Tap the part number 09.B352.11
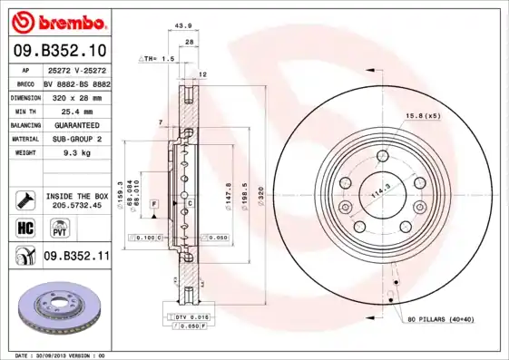(x=76, y=257)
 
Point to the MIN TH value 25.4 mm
(x=76, y=112)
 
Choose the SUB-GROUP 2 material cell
(x=76, y=139)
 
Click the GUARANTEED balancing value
(x=76, y=125)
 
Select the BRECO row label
(x=25, y=83)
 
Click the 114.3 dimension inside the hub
(x=374, y=191)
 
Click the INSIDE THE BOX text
(x=76, y=195)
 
